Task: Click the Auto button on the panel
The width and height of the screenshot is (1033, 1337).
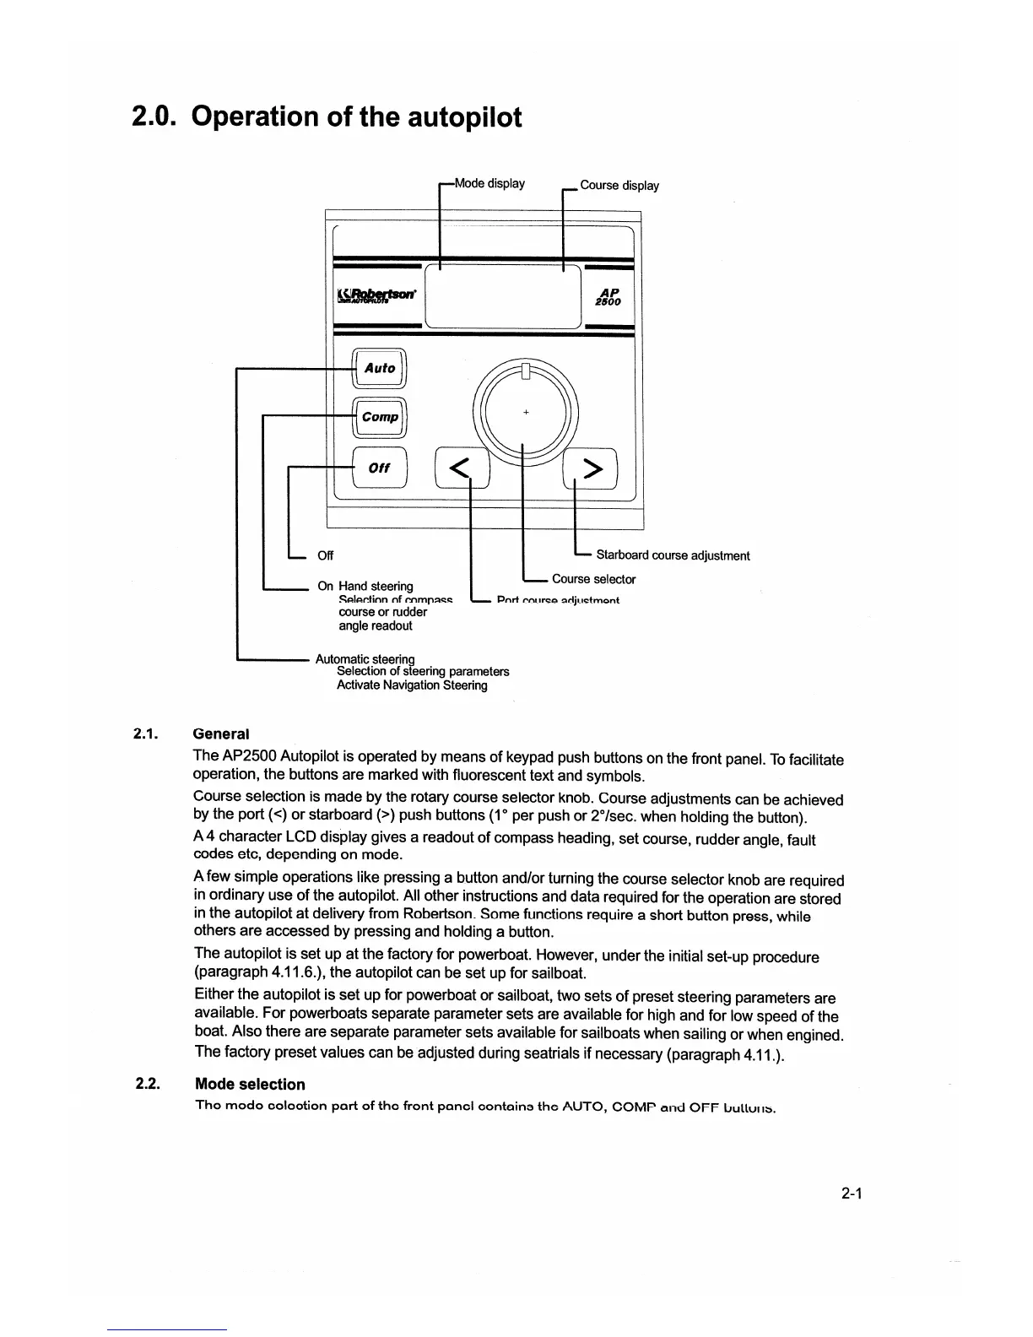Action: pyautogui.click(x=379, y=369)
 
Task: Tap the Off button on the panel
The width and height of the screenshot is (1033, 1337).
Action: pyautogui.click(x=379, y=468)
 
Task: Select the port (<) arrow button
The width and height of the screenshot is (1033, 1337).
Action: pyautogui.click(x=461, y=468)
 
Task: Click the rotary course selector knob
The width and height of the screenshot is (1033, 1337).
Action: pyautogui.click(x=525, y=413)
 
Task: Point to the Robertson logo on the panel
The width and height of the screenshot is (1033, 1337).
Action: pyautogui.click(x=381, y=295)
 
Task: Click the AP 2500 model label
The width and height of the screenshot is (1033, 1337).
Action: pyautogui.click(x=608, y=295)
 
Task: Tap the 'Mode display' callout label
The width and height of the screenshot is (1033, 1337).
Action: pyautogui.click(x=489, y=183)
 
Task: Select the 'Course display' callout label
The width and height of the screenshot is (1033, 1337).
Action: pyautogui.click(x=619, y=186)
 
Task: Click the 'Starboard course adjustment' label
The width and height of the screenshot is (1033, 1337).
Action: pyautogui.click(x=673, y=555)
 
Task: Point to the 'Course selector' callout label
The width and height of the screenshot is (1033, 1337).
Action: pyautogui.click(x=593, y=579)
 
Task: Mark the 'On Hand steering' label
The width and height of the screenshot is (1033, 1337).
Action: pyautogui.click(x=365, y=586)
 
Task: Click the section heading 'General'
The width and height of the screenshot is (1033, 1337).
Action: pyautogui.click(x=221, y=734)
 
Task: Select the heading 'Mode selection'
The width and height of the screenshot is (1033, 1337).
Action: pyautogui.click(x=250, y=1085)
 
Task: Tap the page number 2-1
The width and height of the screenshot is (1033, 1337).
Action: pyautogui.click(x=850, y=1194)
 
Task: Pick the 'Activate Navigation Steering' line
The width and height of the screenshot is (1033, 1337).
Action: pyautogui.click(x=412, y=685)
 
